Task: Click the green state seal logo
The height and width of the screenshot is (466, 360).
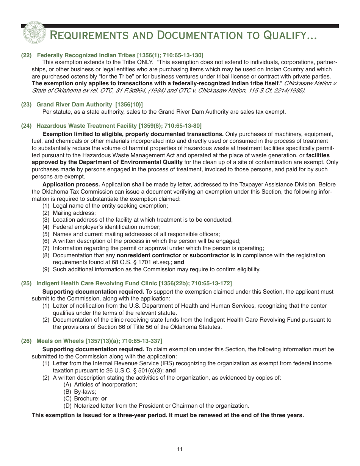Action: click(34, 32)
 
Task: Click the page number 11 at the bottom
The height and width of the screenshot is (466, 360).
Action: click(180, 450)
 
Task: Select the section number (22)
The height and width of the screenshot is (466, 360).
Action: click(26, 55)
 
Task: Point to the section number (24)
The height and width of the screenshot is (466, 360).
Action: click(26, 126)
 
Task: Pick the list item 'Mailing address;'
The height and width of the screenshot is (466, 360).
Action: click(74, 213)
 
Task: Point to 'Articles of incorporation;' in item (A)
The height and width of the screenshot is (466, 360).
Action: click(106, 385)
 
